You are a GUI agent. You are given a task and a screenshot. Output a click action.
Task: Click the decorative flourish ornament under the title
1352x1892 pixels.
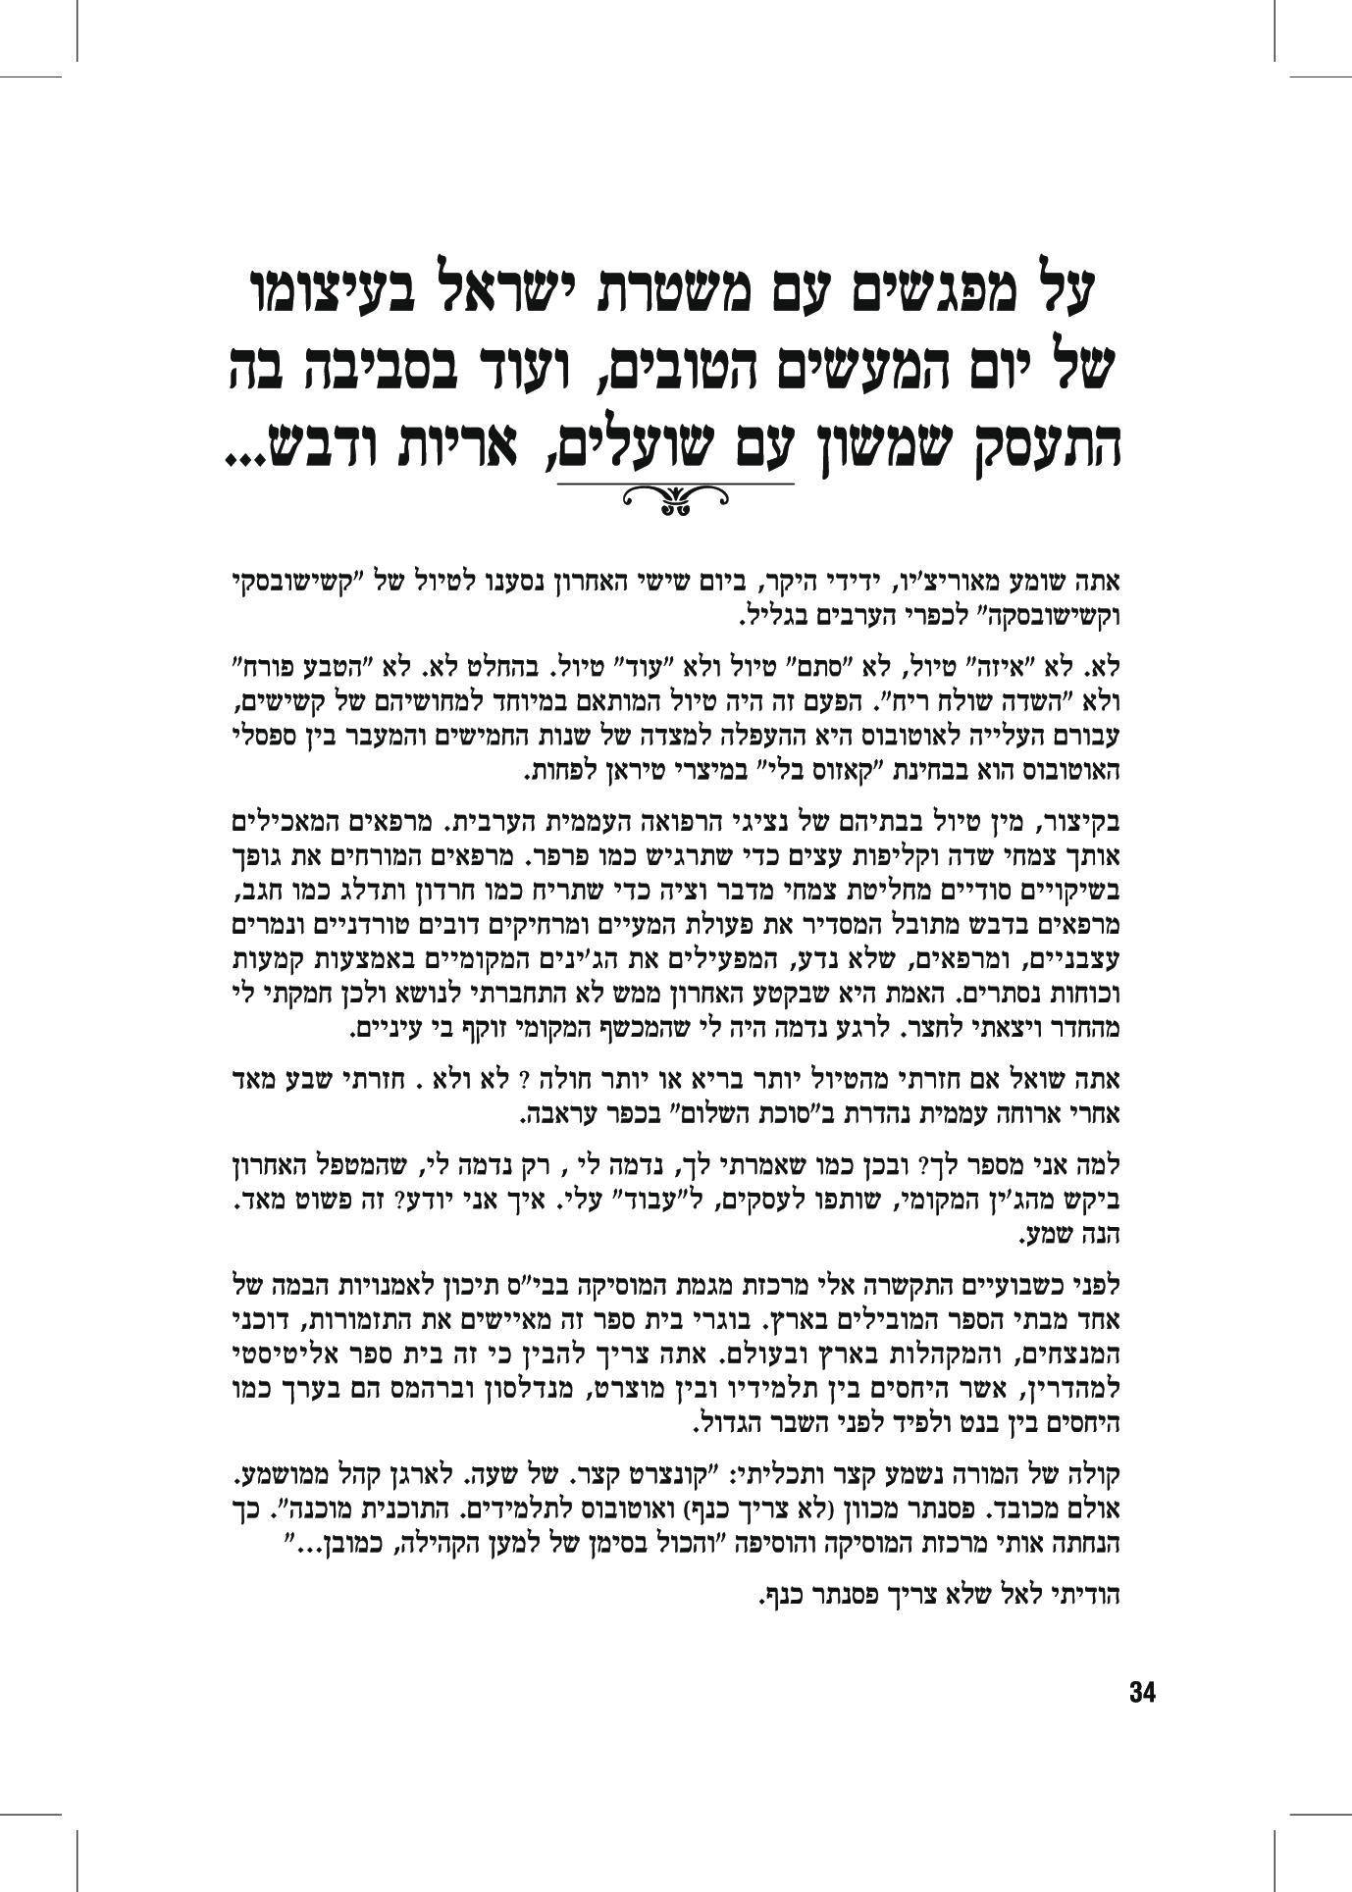tap(675, 499)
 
